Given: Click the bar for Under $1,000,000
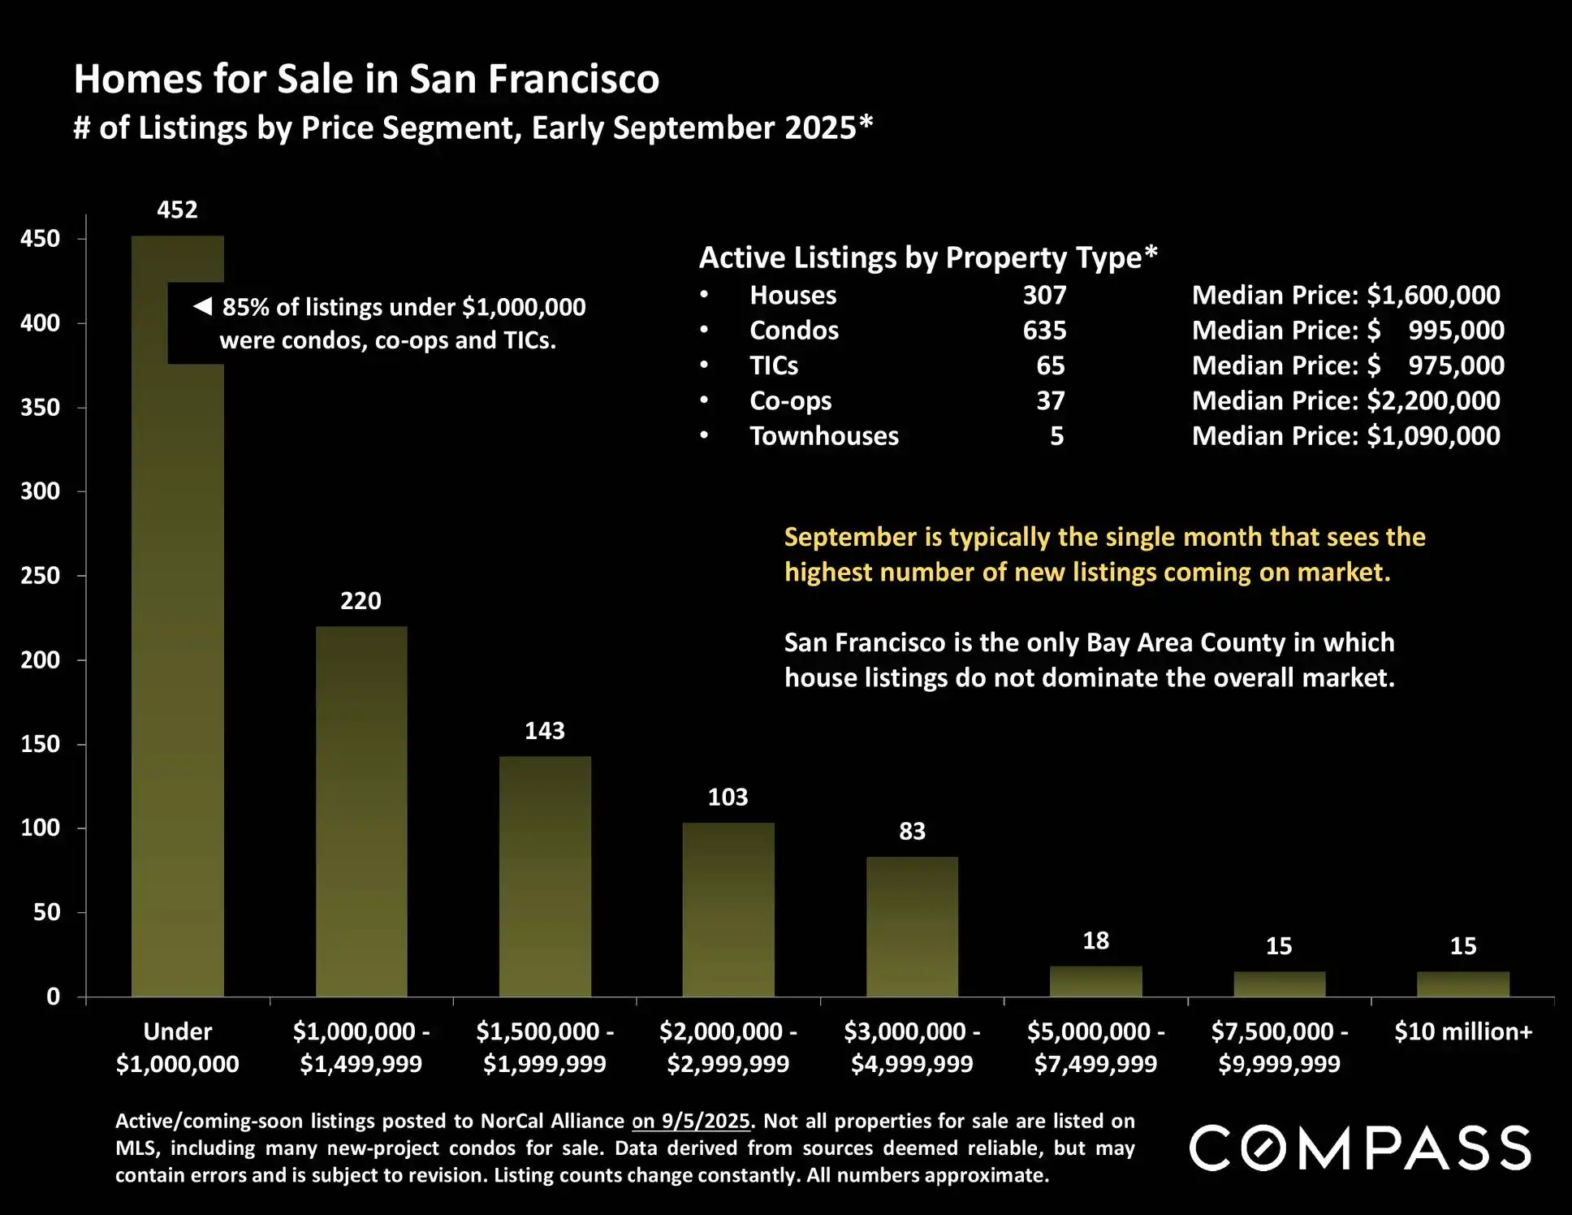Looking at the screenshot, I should tap(177, 650).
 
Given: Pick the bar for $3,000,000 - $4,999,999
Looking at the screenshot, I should tap(912, 926).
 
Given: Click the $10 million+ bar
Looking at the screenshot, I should tap(1462, 984).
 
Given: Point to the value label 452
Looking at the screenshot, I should tap(177, 210).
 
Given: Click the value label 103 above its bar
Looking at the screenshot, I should tap(728, 797).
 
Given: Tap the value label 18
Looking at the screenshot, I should tap(1095, 940).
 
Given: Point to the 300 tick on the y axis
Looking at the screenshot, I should tap(41, 491).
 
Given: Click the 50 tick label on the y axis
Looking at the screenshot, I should tap(47, 912).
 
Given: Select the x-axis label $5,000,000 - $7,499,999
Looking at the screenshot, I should tap(1095, 1047).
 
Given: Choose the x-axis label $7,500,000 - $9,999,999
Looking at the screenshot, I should tap(1279, 1047).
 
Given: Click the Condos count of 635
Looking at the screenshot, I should tap(1044, 331).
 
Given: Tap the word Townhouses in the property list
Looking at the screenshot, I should tap(824, 436).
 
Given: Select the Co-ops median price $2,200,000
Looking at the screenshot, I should tap(1433, 400).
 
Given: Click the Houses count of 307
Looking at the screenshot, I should tap(1044, 295).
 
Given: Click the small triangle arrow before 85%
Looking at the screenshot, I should tap(202, 306).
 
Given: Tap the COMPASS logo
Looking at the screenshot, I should tap(1360, 1148).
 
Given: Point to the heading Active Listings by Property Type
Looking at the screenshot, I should tap(927, 257).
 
